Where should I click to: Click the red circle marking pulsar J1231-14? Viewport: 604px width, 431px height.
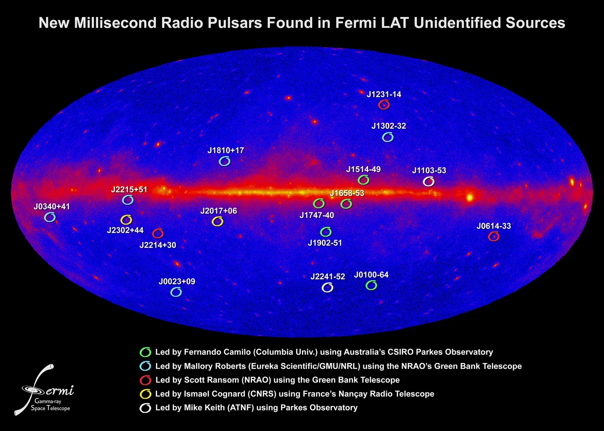click(384, 105)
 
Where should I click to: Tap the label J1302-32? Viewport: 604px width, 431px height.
click(388, 126)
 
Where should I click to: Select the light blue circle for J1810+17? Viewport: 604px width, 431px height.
click(225, 162)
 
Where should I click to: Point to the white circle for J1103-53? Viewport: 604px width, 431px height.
click(428, 182)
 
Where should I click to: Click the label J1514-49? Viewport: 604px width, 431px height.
click(363, 169)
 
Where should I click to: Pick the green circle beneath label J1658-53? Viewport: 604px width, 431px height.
click(346, 204)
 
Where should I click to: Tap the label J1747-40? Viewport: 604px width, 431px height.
click(317, 215)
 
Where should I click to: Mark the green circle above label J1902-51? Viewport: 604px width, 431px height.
click(326, 231)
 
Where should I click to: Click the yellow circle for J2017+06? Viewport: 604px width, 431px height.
click(217, 222)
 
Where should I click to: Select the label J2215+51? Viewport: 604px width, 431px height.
click(129, 189)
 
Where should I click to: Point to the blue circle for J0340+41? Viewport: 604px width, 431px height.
click(50, 217)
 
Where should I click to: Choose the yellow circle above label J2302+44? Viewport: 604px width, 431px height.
click(126, 220)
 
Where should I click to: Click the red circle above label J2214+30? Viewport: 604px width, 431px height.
click(158, 233)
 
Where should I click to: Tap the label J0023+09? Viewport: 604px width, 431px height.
click(177, 282)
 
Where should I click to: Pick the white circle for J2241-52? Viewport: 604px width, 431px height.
click(327, 288)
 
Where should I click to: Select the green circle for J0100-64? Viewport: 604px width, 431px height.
click(371, 286)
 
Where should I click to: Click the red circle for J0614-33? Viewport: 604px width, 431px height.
click(494, 237)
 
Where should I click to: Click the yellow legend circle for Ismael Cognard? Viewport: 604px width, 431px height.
click(145, 394)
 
